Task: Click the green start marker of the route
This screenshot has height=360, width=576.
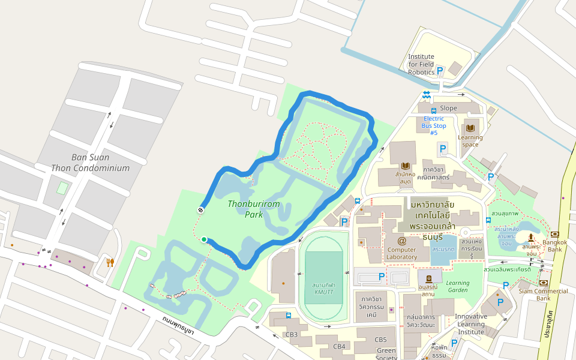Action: (x=204, y=240)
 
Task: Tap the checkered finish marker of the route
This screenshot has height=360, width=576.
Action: (x=200, y=210)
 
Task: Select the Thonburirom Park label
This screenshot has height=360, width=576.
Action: (x=254, y=209)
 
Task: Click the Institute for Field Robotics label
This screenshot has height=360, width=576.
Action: (x=421, y=64)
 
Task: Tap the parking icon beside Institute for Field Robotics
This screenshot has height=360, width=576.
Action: (x=440, y=71)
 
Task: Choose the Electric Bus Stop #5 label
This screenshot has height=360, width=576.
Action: (x=434, y=125)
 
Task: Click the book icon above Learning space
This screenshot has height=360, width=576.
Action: (x=470, y=128)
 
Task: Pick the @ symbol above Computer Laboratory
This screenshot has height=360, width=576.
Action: (x=401, y=241)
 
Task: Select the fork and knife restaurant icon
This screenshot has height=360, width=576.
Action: (x=110, y=262)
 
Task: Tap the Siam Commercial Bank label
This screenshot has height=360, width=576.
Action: (x=544, y=295)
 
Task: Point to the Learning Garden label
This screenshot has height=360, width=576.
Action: (x=458, y=287)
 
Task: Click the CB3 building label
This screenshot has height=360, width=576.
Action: (x=292, y=334)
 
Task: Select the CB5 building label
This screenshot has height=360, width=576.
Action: (x=381, y=340)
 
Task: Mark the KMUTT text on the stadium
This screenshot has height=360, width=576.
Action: (x=323, y=292)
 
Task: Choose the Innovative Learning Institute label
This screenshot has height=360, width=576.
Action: (x=470, y=324)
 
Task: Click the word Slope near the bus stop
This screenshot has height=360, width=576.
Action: (x=448, y=108)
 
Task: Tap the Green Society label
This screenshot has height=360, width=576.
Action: (x=386, y=354)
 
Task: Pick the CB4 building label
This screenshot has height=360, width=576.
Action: (x=340, y=346)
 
